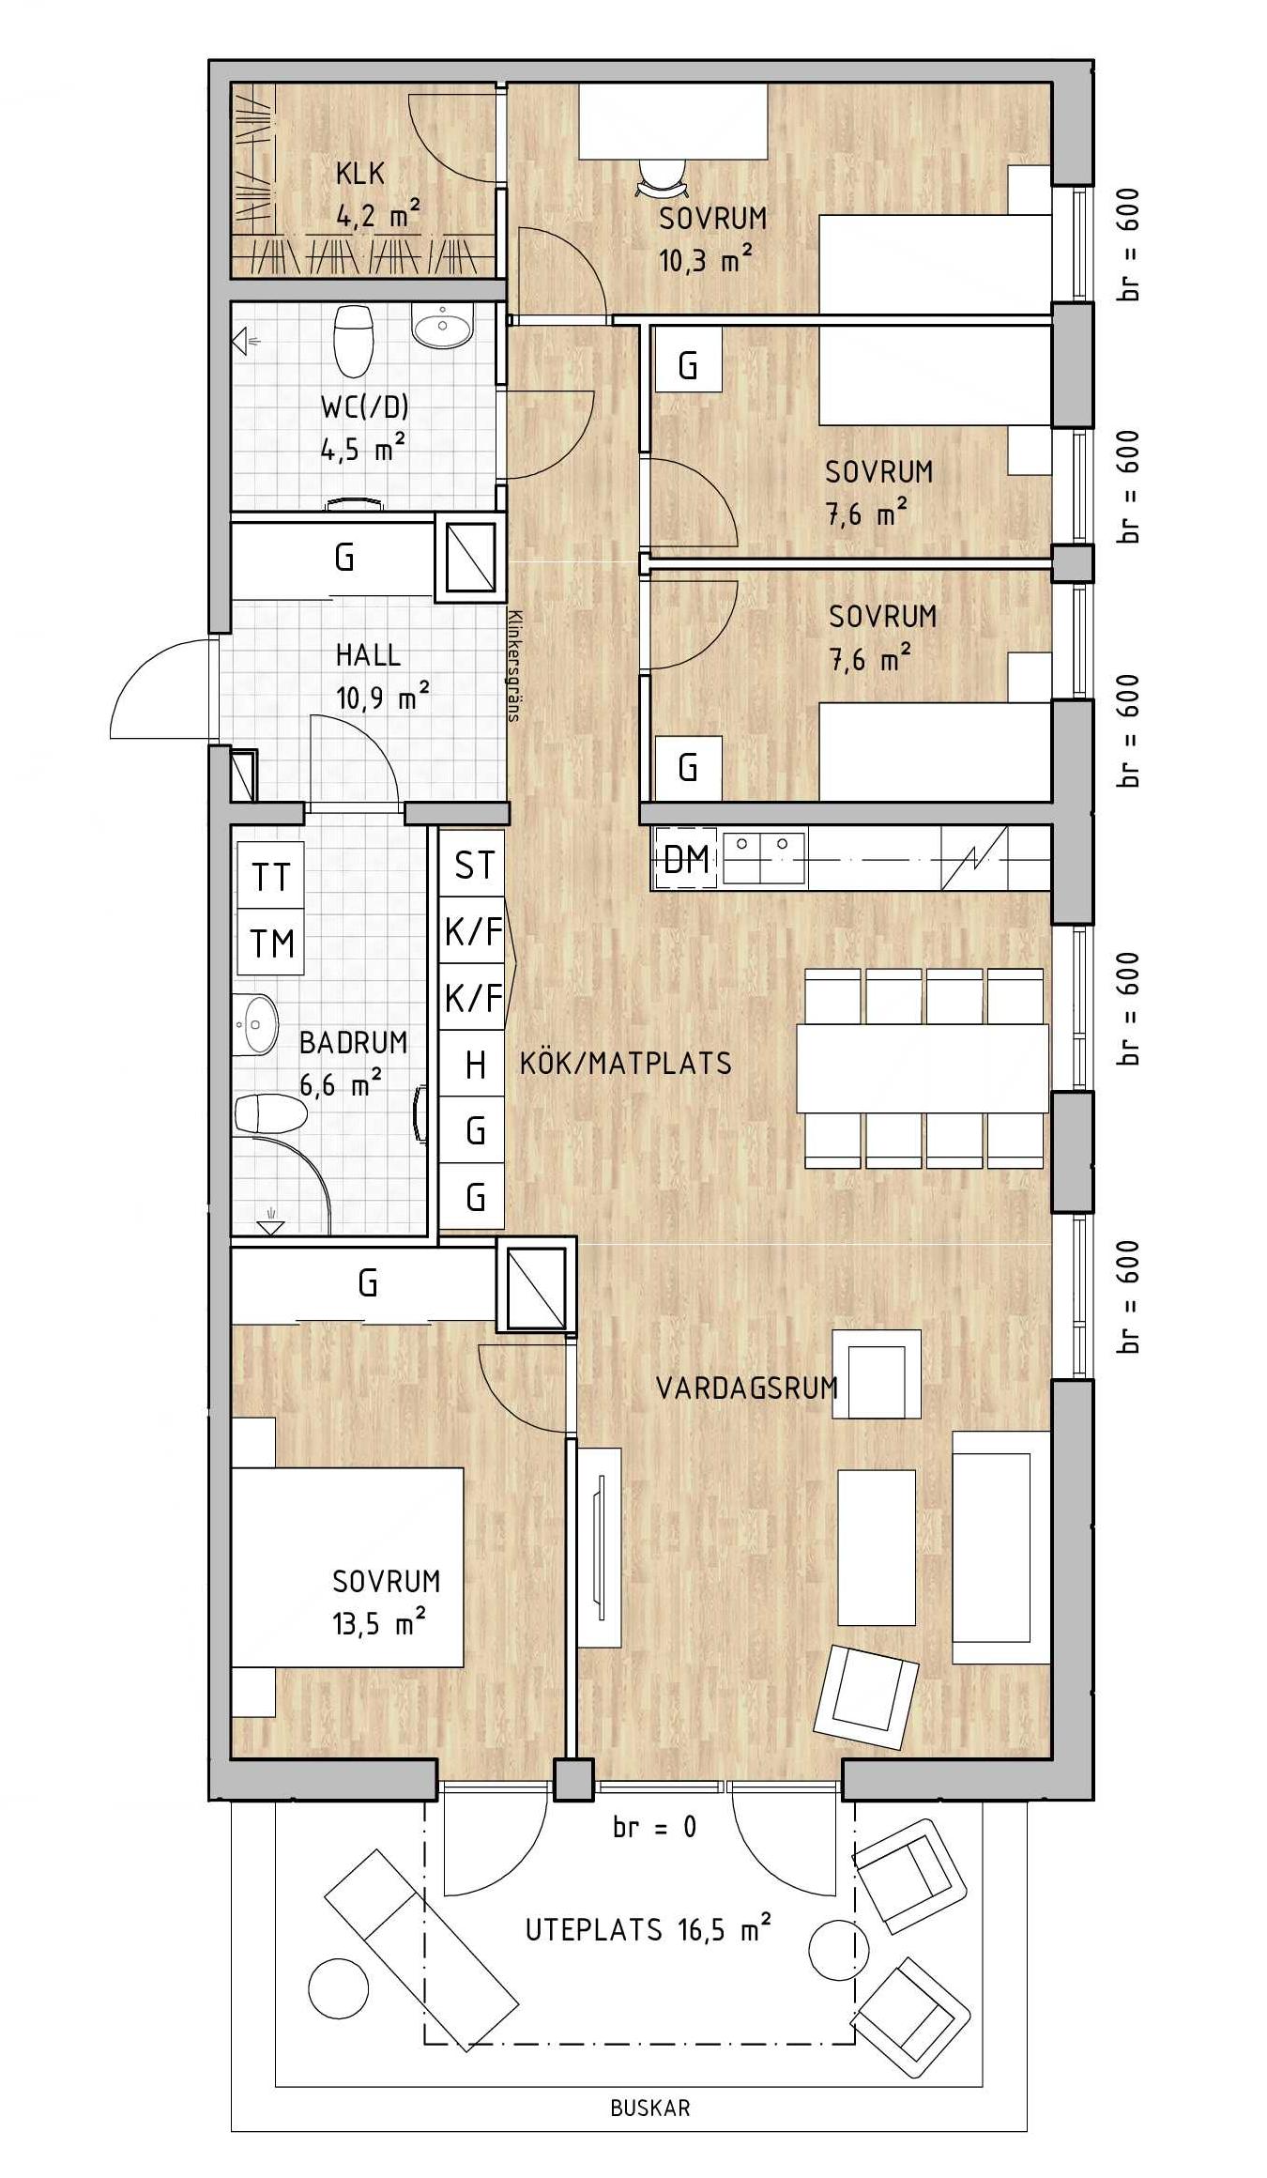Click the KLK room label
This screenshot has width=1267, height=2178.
pyautogui.click(x=360, y=174)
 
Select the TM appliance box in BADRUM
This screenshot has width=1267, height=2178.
pyautogui.click(x=271, y=942)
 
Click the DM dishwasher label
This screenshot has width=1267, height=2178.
pyautogui.click(x=686, y=858)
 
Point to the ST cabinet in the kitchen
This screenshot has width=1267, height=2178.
pyautogui.click(x=473, y=864)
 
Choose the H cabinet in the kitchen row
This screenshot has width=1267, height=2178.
pyautogui.click(x=473, y=1064)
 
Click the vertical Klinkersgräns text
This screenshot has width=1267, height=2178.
pyautogui.click(x=513, y=665)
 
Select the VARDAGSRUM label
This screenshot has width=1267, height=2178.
pyautogui.click(x=747, y=1388)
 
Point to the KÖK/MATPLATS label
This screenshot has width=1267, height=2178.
pyautogui.click(x=626, y=1063)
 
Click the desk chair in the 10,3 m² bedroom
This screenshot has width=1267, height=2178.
pyautogui.click(x=660, y=176)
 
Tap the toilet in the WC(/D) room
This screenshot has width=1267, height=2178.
pyautogui.click(x=354, y=339)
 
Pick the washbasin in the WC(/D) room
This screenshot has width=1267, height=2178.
pyautogui.click(x=442, y=328)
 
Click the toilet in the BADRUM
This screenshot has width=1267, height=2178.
pyautogui.click(x=270, y=1114)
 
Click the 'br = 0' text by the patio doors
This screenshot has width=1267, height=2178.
pyautogui.click(x=654, y=1827)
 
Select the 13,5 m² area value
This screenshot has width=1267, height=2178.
pyautogui.click(x=378, y=1624)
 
